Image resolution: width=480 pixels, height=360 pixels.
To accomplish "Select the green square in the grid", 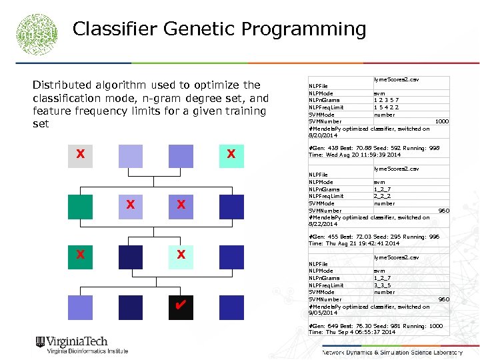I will [x=80, y=207].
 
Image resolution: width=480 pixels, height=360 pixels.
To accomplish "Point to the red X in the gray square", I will [x=80, y=155].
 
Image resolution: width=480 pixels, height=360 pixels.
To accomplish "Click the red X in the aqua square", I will [x=231, y=155].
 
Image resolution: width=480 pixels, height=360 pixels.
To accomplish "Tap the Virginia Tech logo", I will [x=81, y=345].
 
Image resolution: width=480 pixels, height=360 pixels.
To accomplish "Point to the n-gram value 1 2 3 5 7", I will [x=387, y=100].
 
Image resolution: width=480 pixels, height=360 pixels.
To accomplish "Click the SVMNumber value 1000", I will [x=441, y=121].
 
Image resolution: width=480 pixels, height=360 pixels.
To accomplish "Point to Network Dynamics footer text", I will [x=392, y=352].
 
